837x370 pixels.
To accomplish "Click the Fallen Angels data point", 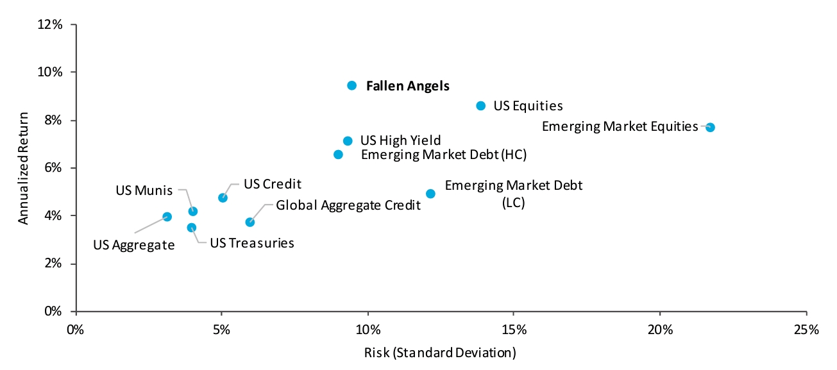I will tap(351, 85).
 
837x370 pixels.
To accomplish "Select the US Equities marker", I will tap(481, 106).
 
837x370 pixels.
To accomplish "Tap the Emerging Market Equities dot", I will tap(710, 128).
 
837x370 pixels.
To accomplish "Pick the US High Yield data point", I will tap(348, 141).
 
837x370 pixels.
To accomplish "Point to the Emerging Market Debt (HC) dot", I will tap(338, 155).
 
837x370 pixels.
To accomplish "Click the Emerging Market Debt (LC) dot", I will tap(430, 194).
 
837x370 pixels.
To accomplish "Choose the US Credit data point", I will tap(223, 198).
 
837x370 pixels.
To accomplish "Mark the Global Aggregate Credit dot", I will tap(249, 222).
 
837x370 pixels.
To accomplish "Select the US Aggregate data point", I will tap(167, 217).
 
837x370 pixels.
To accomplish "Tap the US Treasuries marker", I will tap(191, 228).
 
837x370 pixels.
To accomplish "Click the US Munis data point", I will tap(192, 211).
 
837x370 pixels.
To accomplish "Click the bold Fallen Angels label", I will tap(407, 86).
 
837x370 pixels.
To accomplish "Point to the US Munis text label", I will tap(144, 190).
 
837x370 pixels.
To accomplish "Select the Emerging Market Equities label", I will tap(620, 126).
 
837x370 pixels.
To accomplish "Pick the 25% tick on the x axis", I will tap(806, 330).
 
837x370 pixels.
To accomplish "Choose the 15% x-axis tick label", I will tap(514, 330).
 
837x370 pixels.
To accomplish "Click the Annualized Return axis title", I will tap(23, 169).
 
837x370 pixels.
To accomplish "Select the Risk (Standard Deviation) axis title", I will tap(441, 352).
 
